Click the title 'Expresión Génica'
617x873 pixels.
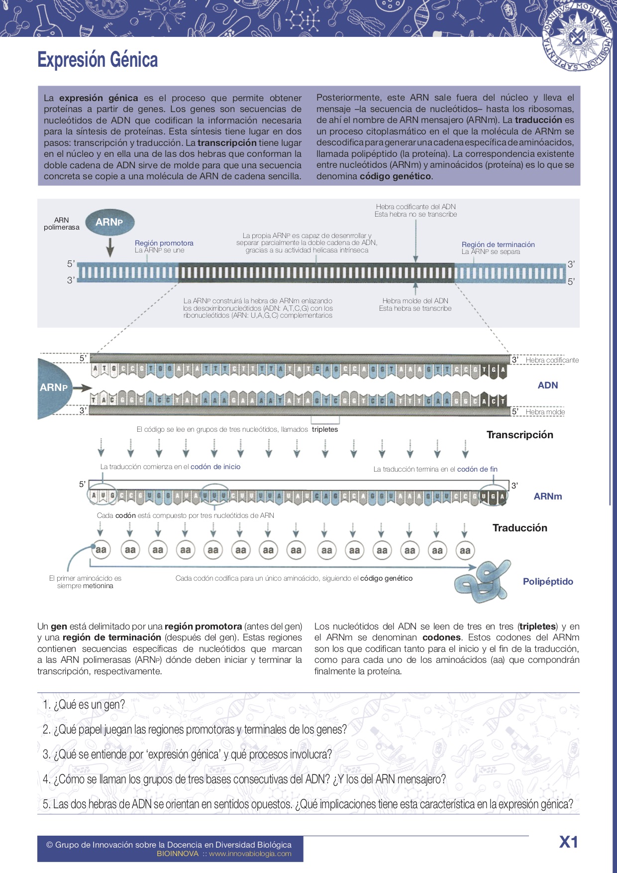[98, 60]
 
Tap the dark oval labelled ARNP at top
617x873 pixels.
[109, 222]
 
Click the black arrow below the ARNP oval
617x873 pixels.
[110, 247]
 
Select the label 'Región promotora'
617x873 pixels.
[164, 243]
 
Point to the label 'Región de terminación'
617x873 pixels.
[498, 245]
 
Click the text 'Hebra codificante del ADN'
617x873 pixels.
[415, 207]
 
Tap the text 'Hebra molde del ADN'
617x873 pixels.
[415, 301]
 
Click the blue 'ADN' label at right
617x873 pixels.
[547, 385]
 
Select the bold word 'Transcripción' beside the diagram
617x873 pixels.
[519, 435]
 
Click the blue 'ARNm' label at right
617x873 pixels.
[547, 496]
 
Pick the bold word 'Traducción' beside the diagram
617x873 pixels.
[519, 528]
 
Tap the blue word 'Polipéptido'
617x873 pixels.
[548, 582]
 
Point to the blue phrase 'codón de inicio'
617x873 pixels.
[215, 467]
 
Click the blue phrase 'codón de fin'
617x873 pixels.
[477, 469]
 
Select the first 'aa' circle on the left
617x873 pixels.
[101, 550]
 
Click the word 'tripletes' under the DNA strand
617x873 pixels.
[325, 429]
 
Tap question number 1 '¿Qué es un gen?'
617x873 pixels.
[84, 705]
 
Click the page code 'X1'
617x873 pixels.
[568, 842]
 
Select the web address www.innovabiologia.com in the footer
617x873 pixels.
[250, 854]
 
